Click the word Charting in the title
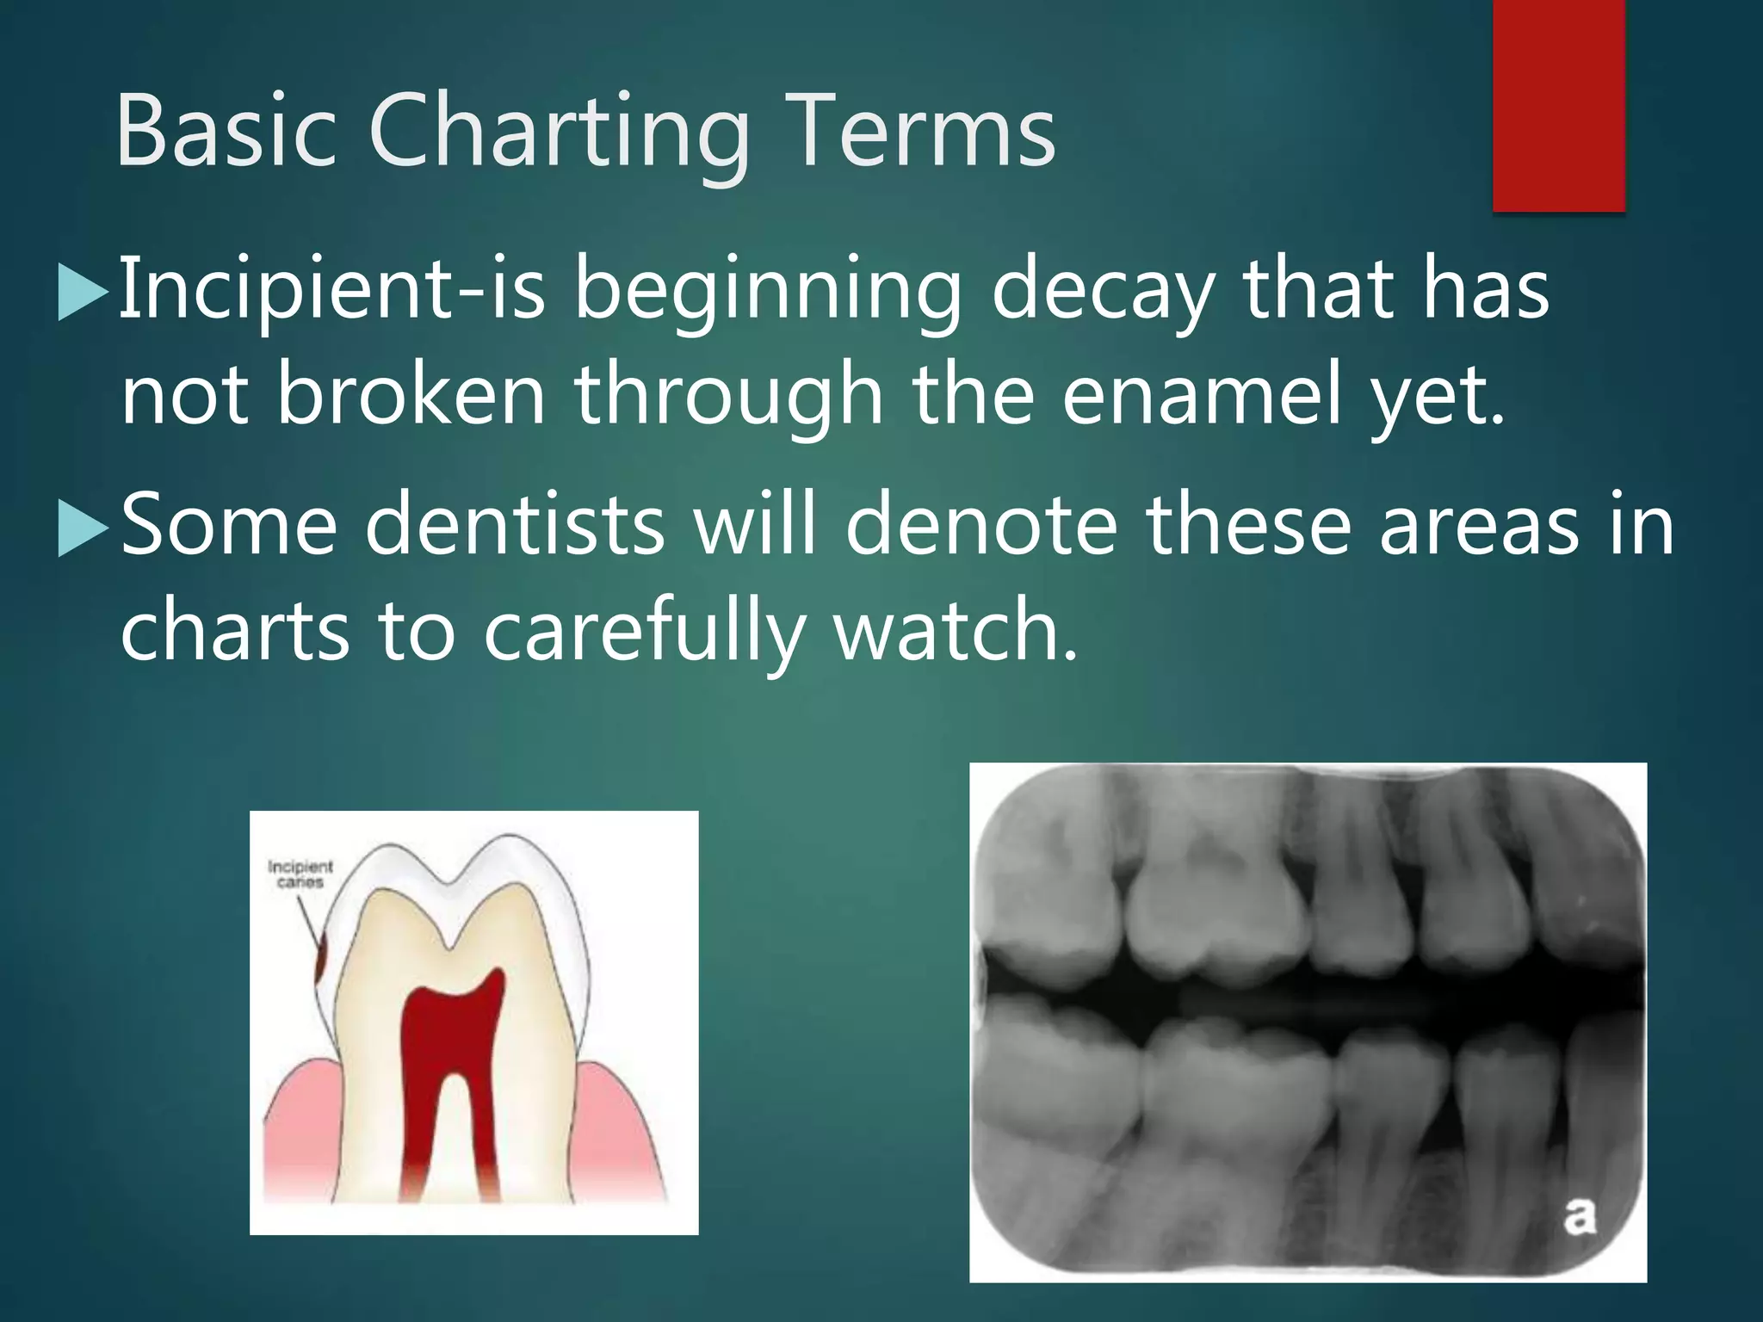[560, 133]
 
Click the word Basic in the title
[226, 133]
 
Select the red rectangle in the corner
[1558, 103]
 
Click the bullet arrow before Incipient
[83, 293]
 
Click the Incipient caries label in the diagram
[300, 874]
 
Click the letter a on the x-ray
[1579, 1216]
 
